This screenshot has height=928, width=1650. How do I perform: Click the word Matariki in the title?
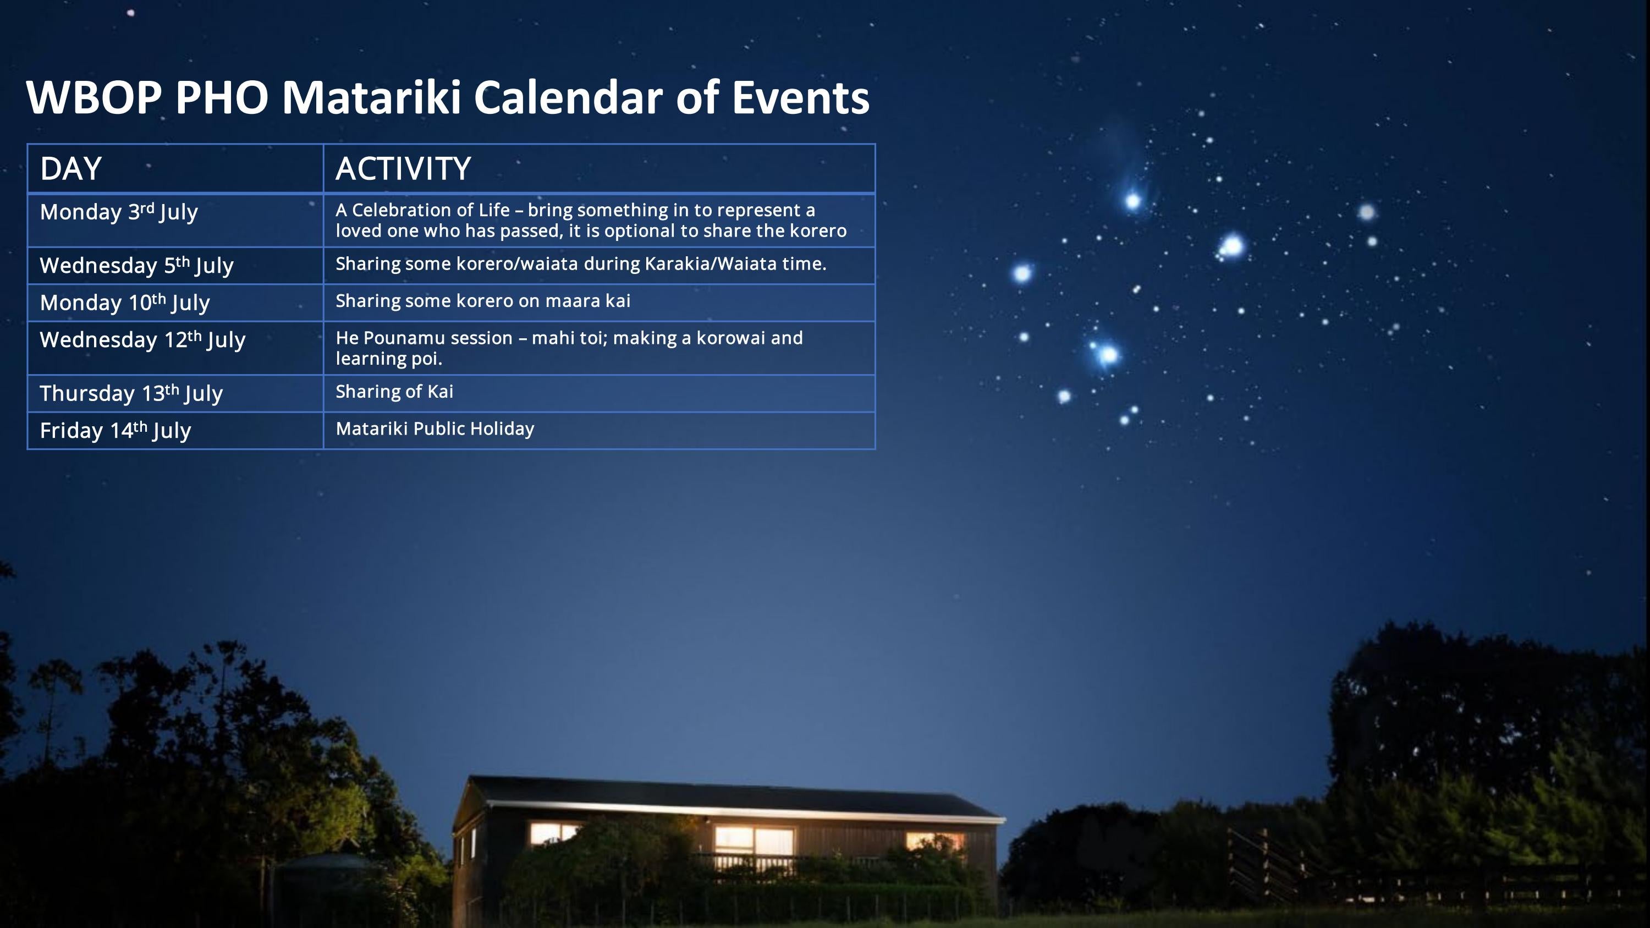[371, 97]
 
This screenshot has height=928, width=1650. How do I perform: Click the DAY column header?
[70, 168]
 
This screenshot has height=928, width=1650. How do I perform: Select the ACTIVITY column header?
[403, 168]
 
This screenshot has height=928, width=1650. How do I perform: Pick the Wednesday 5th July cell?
[136, 265]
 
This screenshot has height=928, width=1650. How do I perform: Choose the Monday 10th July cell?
[125, 303]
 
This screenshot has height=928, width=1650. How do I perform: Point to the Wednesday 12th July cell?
[142, 339]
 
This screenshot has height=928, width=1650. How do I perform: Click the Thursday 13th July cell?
[131, 393]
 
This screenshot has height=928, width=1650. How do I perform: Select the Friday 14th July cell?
[116, 430]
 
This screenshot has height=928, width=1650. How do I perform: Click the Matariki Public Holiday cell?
[435, 429]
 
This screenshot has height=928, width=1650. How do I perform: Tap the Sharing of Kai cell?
[394, 391]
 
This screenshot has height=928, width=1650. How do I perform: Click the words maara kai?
[587, 301]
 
